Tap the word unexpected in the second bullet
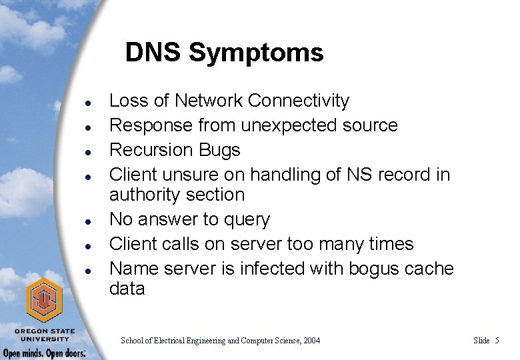[x=281, y=125]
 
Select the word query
[x=248, y=219]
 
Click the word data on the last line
[x=127, y=289]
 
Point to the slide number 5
[x=497, y=341]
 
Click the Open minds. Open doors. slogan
[x=44, y=353]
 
